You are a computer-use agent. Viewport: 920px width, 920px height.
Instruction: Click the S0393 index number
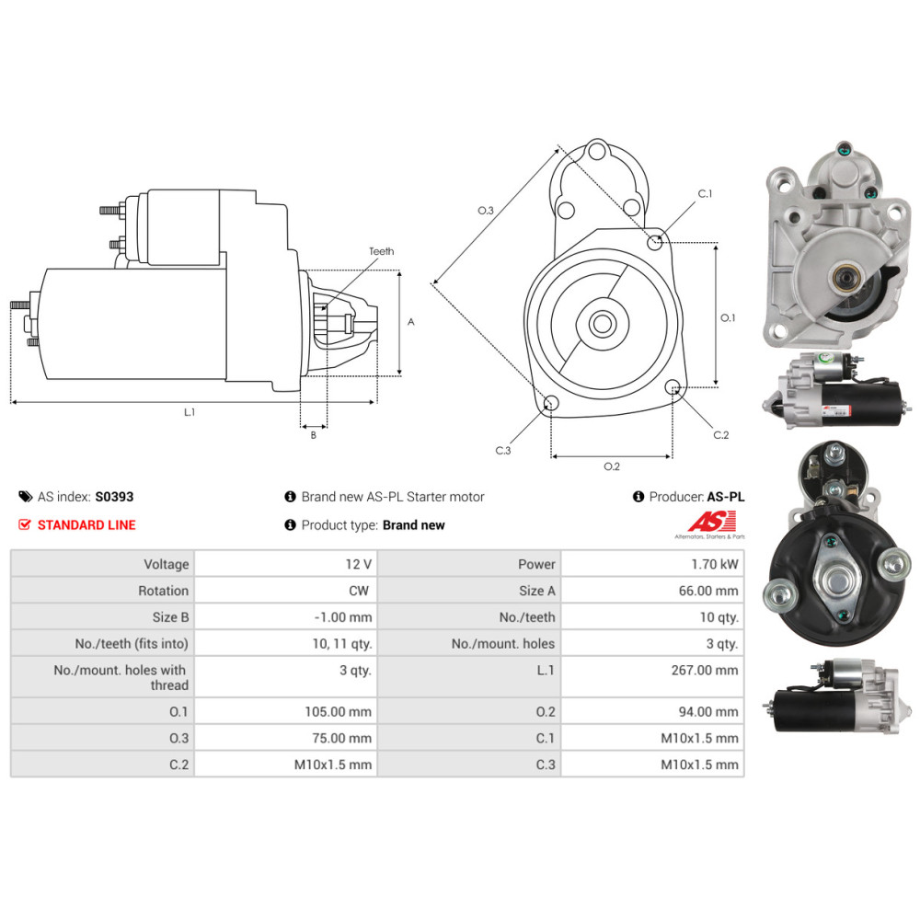(x=114, y=497)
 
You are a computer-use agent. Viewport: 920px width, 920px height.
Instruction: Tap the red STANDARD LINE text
(x=86, y=525)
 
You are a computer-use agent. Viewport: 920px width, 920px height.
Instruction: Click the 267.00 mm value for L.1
(x=705, y=670)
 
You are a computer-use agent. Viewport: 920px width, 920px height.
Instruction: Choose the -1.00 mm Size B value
(x=343, y=617)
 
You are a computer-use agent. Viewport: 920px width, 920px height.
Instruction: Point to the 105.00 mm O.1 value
(x=338, y=712)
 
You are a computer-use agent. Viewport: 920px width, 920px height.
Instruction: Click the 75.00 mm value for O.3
(x=341, y=738)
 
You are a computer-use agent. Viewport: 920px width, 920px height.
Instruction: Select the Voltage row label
(x=167, y=565)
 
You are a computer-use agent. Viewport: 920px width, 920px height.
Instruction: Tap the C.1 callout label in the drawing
(x=705, y=193)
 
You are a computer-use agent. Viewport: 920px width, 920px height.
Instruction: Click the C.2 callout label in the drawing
(x=721, y=435)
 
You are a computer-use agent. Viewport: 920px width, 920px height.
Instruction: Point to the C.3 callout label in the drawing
(x=503, y=451)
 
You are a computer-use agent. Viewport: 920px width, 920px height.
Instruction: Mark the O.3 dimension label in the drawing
(x=485, y=210)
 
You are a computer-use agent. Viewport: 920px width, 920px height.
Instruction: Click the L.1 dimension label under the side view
(x=189, y=412)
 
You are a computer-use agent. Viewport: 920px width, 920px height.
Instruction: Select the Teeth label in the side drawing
(x=382, y=251)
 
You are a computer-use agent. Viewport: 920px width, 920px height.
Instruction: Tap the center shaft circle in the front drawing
(x=602, y=323)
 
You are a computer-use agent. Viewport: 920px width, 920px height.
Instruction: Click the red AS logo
(x=711, y=521)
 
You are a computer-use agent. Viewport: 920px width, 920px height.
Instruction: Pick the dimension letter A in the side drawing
(x=410, y=321)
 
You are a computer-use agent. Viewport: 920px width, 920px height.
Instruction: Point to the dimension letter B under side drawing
(x=314, y=435)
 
